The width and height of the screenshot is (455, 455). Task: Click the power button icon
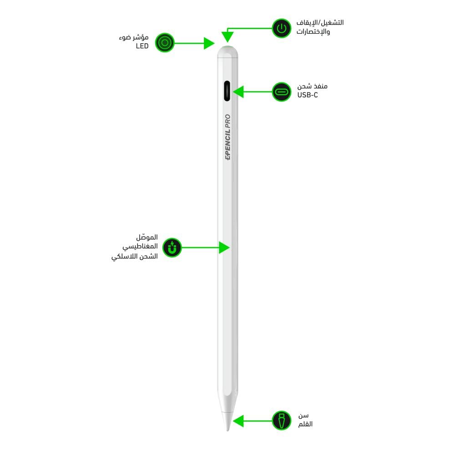282,29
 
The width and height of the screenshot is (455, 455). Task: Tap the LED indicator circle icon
165,43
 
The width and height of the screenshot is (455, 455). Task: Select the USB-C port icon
282,91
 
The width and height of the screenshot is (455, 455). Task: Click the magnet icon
172,248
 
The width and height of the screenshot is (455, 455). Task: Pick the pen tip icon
282,421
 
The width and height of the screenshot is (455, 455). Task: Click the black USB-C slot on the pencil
227,91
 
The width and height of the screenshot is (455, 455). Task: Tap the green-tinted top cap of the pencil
227,48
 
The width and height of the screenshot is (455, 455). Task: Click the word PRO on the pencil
228,121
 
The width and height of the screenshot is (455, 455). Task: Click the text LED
142,47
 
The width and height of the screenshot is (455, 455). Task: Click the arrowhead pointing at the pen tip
238,421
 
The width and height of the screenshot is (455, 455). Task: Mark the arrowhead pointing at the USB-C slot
238,91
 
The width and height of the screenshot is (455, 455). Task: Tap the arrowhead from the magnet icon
224,248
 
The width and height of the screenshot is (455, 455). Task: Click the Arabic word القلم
305,425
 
